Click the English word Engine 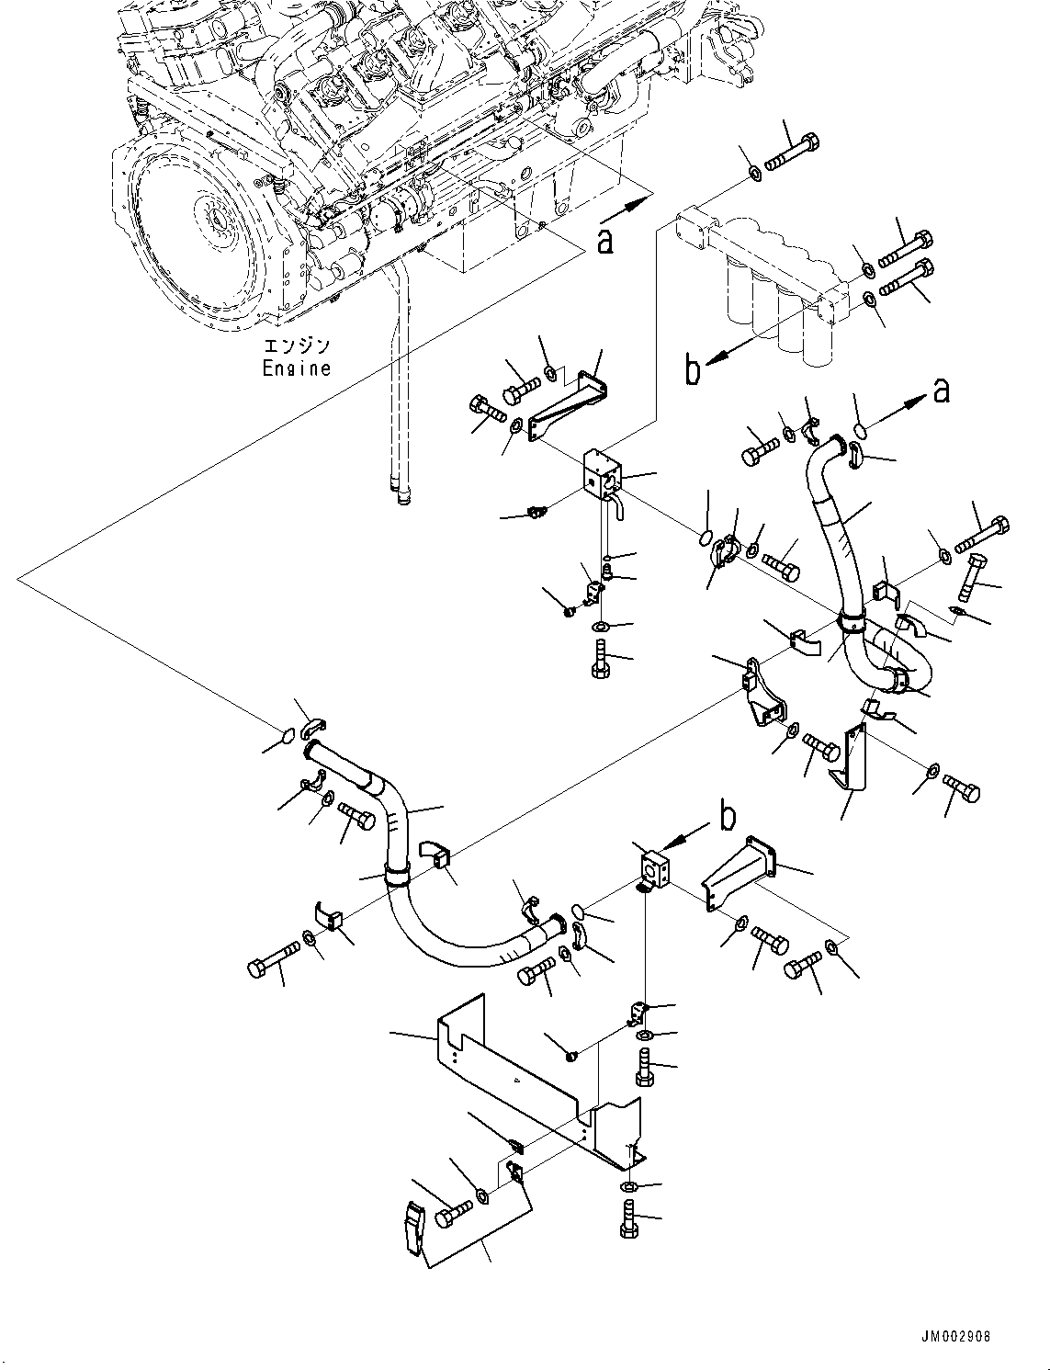[x=296, y=368]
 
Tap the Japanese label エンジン [x=296, y=347]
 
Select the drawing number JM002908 [x=957, y=1337]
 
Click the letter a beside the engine [x=604, y=241]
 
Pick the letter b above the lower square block [x=727, y=816]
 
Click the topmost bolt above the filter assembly [x=790, y=151]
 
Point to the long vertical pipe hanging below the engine [x=397, y=386]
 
